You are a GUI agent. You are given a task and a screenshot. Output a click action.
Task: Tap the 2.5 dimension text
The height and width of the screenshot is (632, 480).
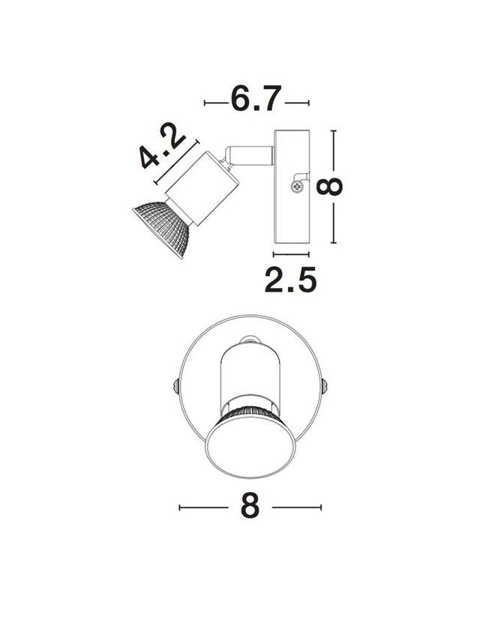pos(290,280)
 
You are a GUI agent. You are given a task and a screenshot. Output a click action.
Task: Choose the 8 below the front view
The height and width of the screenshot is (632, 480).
pos(250,507)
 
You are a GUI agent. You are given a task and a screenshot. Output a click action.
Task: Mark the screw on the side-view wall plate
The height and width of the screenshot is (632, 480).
pos(298,184)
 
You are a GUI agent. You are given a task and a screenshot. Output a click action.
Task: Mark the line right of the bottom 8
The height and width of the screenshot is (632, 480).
pos(297,508)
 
